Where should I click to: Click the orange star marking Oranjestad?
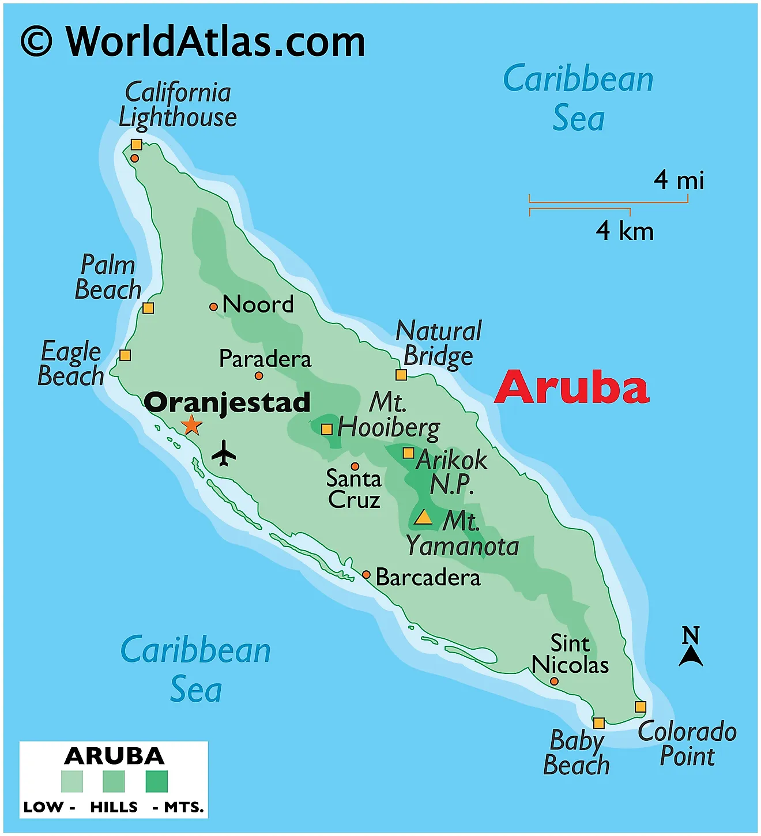click(191, 425)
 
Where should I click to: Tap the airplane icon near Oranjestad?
click(224, 453)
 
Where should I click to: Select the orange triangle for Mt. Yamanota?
click(423, 517)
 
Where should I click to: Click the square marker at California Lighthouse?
click(136, 144)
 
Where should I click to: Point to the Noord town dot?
click(213, 307)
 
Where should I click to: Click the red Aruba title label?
click(572, 387)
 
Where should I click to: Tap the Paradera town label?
click(265, 359)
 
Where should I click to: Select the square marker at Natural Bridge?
click(401, 375)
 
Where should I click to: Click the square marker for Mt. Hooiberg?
click(327, 429)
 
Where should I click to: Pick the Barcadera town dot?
click(366, 575)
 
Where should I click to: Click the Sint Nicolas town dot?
click(554, 681)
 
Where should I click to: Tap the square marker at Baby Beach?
click(599, 723)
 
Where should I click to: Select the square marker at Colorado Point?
click(641, 707)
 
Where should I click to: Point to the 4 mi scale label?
click(679, 180)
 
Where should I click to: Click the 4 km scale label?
click(624, 231)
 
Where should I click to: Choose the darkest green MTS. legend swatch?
click(157, 782)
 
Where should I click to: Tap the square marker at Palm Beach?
click(148, 308)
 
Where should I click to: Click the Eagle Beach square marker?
click(125, 355)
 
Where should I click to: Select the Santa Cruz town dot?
click(355, 466)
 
